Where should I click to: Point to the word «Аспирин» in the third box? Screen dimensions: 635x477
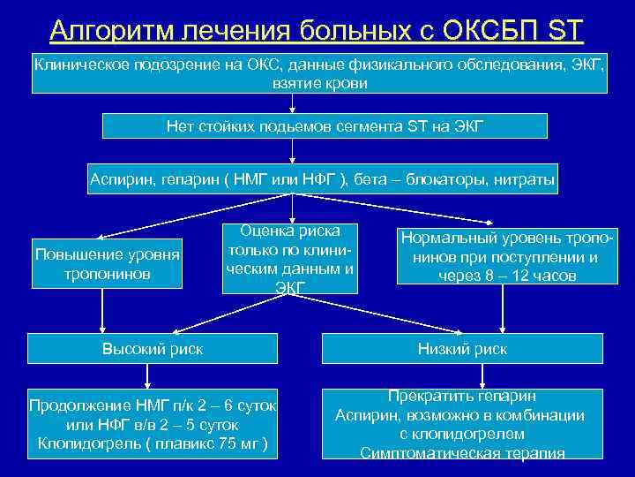point(120,180)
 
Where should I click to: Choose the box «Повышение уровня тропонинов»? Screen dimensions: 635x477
point(107,264)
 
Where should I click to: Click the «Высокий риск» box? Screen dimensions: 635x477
point(153,349)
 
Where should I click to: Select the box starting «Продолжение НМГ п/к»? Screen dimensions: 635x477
point(153,424)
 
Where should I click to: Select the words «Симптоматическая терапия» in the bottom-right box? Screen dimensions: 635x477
point(462,453)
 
